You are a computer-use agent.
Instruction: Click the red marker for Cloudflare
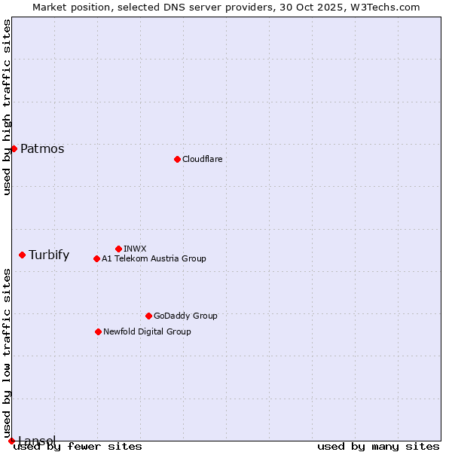(177, 159)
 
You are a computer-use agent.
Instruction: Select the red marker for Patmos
(14, 148)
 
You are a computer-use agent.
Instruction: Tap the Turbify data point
(22, 255)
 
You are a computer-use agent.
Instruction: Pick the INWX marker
(118, 249)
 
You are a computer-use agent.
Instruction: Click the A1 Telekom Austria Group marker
(96, 258)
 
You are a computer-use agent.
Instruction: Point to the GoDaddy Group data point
(148, 316)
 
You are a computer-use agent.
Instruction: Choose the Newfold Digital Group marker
(98, 331)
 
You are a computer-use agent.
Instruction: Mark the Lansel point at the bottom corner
(11, 441)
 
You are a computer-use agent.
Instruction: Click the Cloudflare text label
(203, 159)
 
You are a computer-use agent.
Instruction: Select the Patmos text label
(42, 148)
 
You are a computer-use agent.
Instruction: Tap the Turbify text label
(49, 255)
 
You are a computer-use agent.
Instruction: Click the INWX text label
(135, 249)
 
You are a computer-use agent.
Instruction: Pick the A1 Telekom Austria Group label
(154, 258)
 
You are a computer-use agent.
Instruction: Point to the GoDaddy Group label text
(185, 316)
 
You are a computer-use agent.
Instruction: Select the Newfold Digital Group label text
(147, 331)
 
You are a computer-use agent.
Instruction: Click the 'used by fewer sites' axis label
(78, 446)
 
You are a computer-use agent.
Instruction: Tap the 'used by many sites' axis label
(378, 446)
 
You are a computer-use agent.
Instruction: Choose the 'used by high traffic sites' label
(7, 107)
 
